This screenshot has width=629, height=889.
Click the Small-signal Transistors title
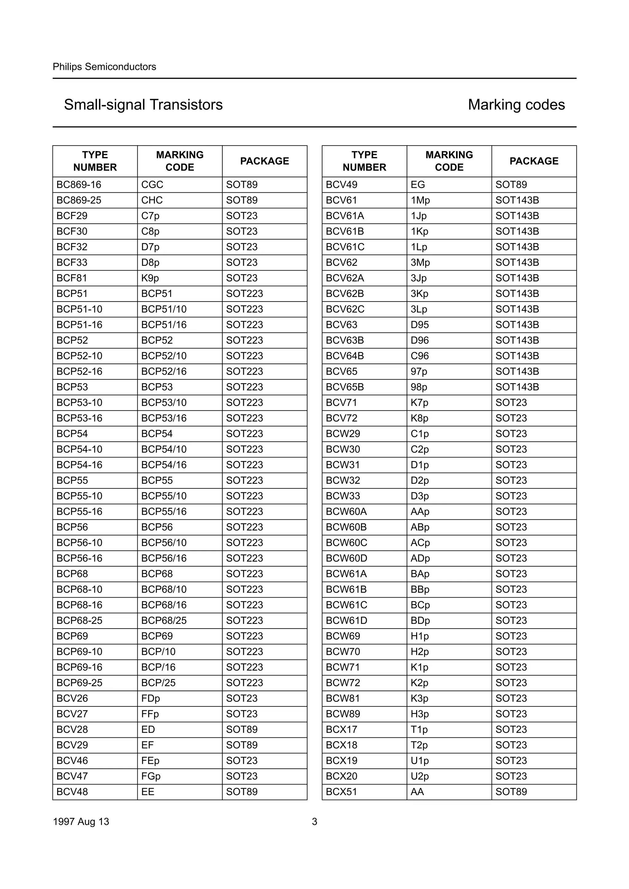143,105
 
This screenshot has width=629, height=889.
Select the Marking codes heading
516,105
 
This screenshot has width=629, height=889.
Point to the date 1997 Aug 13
81,821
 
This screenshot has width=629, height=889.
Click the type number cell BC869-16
79,185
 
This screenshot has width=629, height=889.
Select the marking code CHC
152,200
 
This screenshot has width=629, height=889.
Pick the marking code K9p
150,278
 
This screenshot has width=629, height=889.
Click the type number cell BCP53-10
80,403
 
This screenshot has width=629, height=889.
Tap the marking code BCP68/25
164,620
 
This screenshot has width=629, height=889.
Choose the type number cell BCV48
72,791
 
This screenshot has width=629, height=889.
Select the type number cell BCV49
342,185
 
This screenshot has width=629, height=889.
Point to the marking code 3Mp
420,263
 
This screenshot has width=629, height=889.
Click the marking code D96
420,340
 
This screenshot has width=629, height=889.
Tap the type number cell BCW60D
346,558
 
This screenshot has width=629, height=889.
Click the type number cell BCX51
342,791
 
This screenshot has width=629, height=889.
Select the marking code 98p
419,387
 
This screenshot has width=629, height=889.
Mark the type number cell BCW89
343,714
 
